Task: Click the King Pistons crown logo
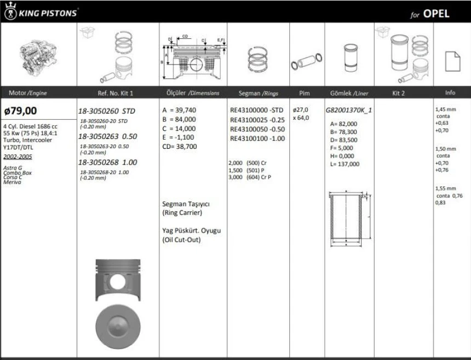pos(10,12)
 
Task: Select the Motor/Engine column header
pos(27,93)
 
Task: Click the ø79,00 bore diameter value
pos(20,111)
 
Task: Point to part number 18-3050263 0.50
pos(107,136)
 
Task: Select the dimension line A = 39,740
pos(179,110)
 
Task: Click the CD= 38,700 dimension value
pos(180,147)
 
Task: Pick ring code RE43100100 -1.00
pos(257,138)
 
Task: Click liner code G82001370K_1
pos(349,110)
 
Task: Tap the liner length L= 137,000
pos(345,164)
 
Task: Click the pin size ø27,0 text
pos(301,110)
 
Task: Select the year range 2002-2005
pos(17,156)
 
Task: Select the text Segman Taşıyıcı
pos(186,204)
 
